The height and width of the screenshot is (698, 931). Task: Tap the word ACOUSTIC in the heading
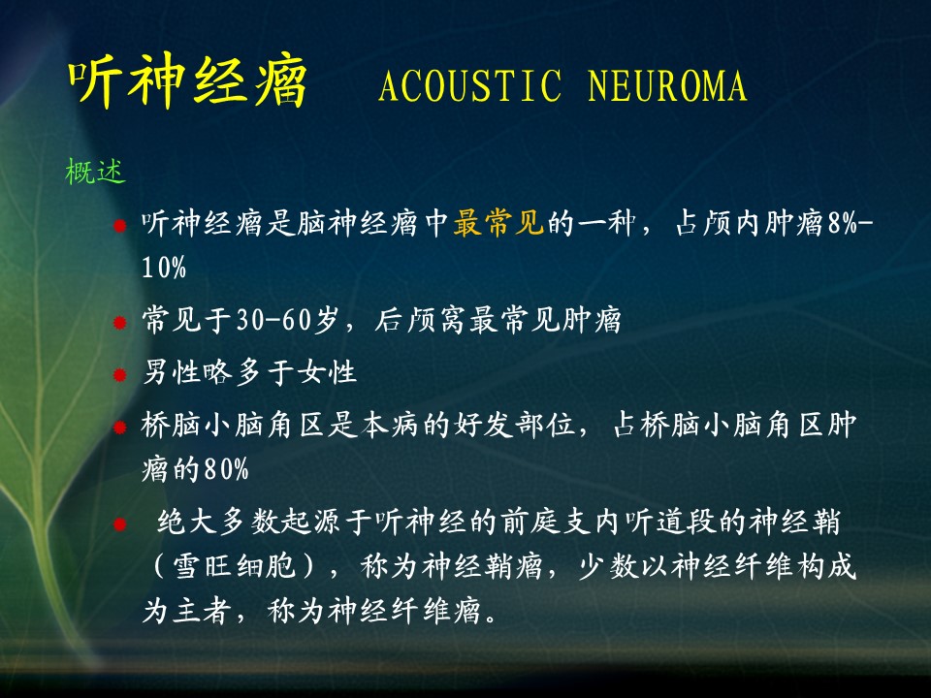469,85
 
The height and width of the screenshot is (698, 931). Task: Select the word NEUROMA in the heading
667,85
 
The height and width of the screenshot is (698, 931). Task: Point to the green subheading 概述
95,172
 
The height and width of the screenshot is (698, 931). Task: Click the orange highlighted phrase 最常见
498,223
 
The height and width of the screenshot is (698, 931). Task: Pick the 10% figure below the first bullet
164,268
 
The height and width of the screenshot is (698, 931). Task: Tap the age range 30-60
273,320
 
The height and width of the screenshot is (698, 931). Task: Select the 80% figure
226,469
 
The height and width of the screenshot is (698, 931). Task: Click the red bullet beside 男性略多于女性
120,374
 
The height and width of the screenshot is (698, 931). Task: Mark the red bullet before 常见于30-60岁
120,322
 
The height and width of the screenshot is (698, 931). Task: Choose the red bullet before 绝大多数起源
120,524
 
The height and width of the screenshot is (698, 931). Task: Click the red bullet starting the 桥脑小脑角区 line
120,427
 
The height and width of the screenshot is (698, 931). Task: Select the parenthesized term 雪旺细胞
234,565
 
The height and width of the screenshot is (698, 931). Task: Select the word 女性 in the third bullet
327,372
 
